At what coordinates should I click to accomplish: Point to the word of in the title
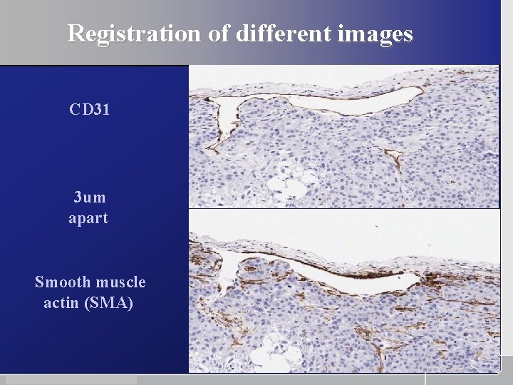[x=217, y=34]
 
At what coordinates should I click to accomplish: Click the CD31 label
[x=89, y=110]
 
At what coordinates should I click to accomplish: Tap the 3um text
[x=89, y=197]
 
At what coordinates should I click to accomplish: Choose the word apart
[x=88, y=218]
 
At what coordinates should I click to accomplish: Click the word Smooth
[x=60, y=282]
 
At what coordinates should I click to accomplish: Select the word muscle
[x=117, y=282]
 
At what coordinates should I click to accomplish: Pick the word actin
[x=61, y=304]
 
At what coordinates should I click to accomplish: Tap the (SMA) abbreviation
[x=108, y=304]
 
